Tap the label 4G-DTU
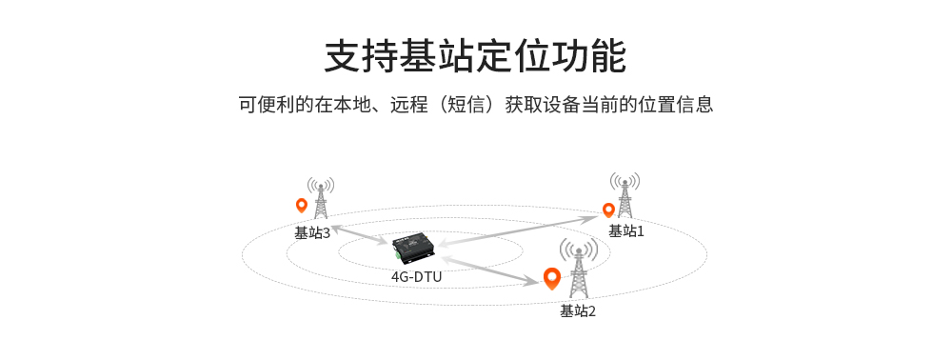point(416,277)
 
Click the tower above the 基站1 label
point(625,195)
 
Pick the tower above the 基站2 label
point(578,270)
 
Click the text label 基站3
point(312,232)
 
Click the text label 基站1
point(626,230)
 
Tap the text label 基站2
point(578,310)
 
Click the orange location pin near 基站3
point(302,205)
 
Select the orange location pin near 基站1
point(608,210)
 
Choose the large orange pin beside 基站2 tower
point(551,277)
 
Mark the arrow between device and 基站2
point(486,268)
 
